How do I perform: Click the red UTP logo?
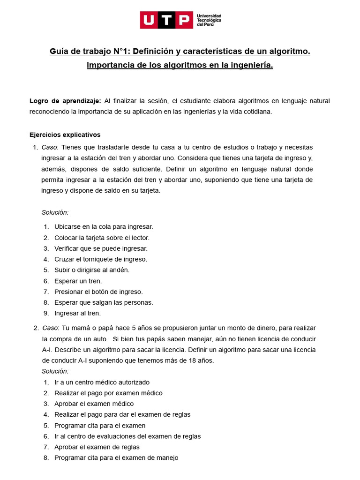pos(166,20)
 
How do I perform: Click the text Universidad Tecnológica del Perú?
pos(210,20)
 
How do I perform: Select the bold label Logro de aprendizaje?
pos(65,101)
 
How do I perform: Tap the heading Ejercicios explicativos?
pos(65,135)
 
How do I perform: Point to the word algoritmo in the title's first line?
pos(287,51)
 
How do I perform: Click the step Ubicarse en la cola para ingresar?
pos(104,227)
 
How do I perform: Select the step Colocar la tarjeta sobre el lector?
pos(102,238)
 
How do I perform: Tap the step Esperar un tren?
pos(78,281)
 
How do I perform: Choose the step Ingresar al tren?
pos(77,313)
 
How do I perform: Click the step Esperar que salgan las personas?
pos(104,302)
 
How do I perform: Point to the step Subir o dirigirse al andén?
pos(92,270)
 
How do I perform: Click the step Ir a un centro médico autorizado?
pos(102,382)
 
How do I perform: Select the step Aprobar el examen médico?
pos(94,404)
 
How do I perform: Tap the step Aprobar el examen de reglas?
pos(97,447)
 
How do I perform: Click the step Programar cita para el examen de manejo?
pos(116,458)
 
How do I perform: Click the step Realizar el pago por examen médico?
pos(108,393)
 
